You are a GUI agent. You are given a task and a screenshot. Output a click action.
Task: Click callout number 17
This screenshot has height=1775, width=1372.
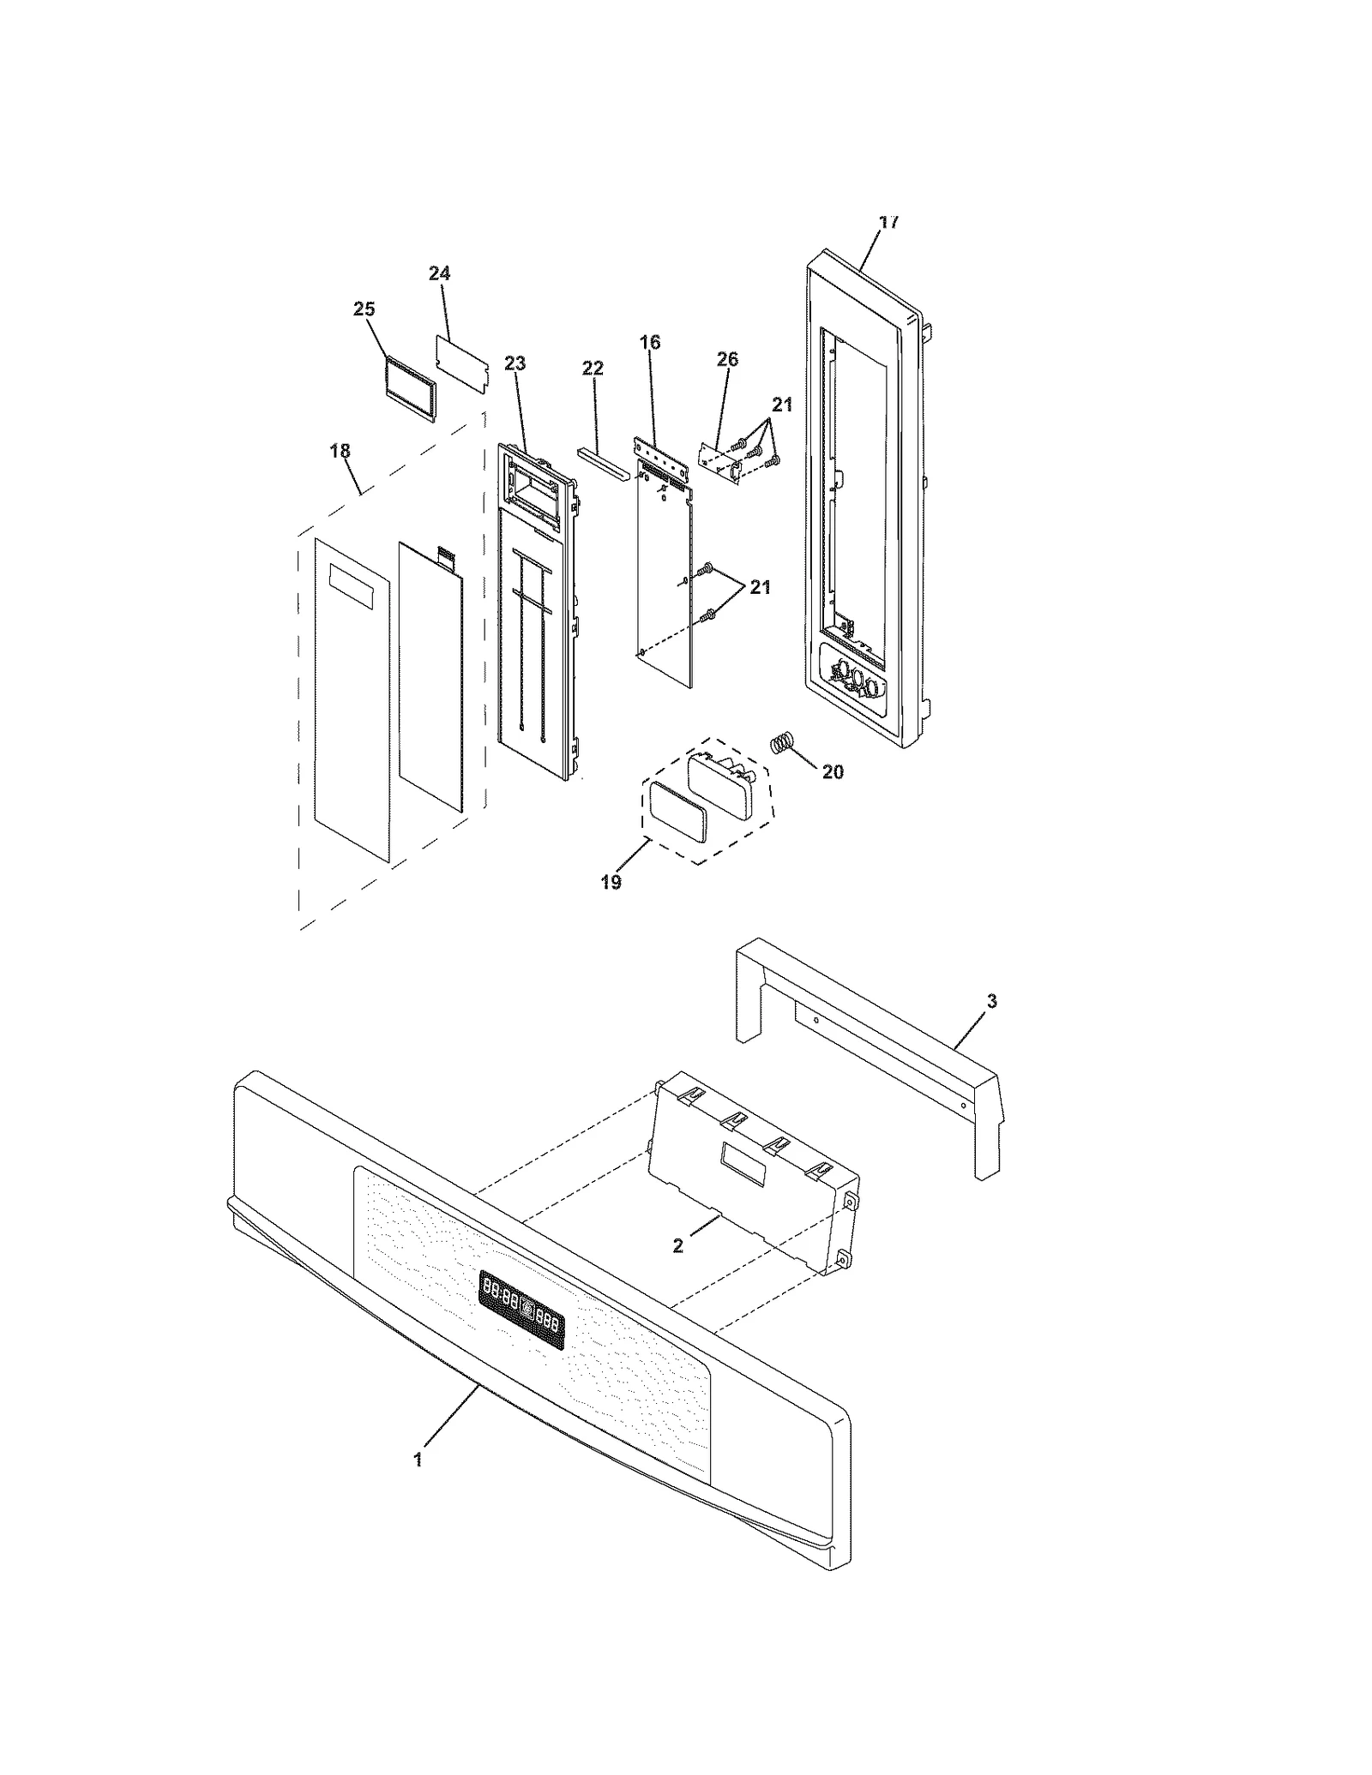pyautogui.click(x=889, y=222)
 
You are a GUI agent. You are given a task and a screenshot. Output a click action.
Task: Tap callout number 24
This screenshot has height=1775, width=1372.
pyautogui.click(x=439, y=273)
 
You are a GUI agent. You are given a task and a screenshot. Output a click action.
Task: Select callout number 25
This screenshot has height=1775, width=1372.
pyautogui.click(x=364, y=309)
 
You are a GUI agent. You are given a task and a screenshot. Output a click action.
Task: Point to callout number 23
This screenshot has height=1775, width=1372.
pyautogui.click(x=514, y=363)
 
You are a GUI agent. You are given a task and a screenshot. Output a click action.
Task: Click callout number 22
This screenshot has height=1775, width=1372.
pyautogui.click(x=593, y=369)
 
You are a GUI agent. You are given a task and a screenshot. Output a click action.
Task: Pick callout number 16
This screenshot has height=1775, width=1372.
pyautogui.click(x=650, y=343)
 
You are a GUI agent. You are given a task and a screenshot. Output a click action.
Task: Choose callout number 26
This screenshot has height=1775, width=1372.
pyautogui.click(x=727, y=359)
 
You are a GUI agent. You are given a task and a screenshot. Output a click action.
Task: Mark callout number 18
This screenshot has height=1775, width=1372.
pyautogui.click(x=340, y=451)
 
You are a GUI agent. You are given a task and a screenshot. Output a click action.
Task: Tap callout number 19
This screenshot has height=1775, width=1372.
pyautogui.click(x=611, y=882)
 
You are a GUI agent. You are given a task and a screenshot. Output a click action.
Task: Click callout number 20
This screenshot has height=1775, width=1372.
pyautogui.click(x=833, y=772)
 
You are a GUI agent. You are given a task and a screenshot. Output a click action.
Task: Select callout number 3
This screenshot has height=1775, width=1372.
pyautogui.click(x=992, y=1001)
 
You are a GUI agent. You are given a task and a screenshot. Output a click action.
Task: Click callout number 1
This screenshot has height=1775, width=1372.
pyautogui.click(x=418, y=1460)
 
